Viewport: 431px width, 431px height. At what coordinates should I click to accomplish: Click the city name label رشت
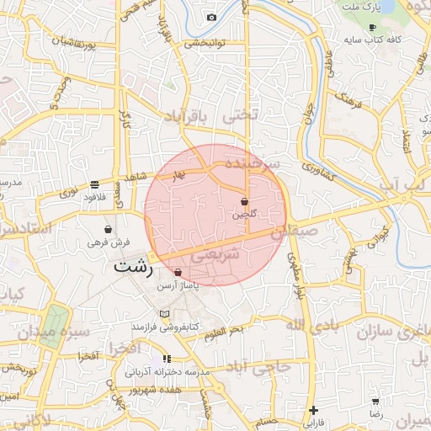(134, 268)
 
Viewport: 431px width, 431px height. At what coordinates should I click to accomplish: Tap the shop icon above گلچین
(244, 202)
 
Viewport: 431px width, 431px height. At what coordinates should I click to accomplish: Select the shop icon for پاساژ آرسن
(178, 273)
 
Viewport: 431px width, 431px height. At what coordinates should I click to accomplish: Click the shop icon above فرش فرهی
(108, 229)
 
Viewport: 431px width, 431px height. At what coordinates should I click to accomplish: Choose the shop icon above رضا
(375, 402)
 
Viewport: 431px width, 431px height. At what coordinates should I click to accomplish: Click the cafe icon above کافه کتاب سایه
(373, 28)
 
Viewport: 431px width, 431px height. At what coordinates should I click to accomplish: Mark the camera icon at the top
(211, 18)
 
